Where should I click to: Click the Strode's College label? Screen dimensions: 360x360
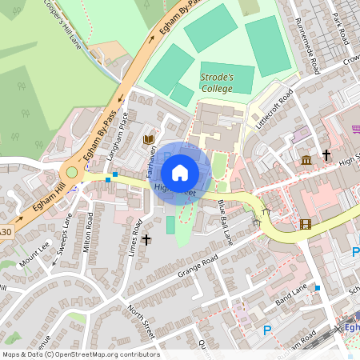[216, 82]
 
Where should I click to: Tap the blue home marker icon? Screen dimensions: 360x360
[180, 172]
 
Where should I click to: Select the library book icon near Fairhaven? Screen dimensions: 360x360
[148, 140]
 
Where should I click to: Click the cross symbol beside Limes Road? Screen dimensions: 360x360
[146, 239]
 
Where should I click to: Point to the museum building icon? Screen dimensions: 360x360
[306, 160]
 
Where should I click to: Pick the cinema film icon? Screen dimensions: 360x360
[305, 224]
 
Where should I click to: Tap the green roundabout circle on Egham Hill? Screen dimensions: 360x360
[72, 171]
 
